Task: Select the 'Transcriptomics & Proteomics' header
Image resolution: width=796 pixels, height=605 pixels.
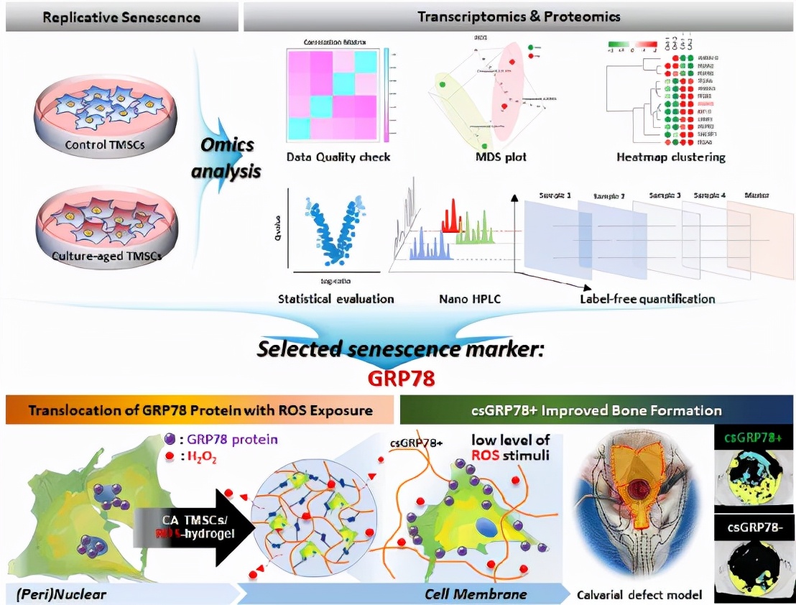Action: [x=519, y=16]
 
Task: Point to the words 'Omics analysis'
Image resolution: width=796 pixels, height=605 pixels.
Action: [x=226, y=158]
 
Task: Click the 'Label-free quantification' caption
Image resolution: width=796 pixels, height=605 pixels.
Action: [x=647, y=298]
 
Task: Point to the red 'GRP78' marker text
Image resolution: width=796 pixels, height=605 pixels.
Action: [x=397, y=378]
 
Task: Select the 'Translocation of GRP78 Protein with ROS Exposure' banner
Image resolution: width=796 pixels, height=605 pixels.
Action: [x=199, y=411]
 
